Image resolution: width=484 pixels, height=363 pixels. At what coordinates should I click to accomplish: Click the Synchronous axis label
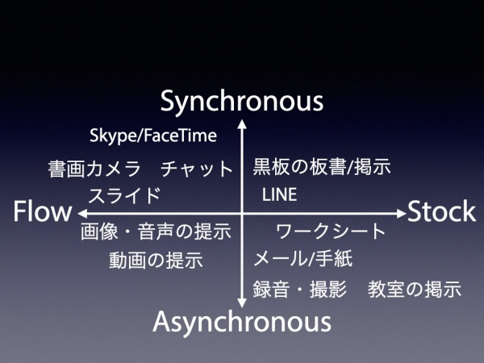tap(242, 102)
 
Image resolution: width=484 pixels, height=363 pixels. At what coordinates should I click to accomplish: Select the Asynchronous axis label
tap(242, 322)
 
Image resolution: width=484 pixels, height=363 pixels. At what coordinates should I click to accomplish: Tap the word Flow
tap(42, 211)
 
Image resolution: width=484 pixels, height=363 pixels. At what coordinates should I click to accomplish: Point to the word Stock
tap(441, 211)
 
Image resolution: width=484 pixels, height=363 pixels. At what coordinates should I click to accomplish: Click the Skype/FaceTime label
tap(153, 136)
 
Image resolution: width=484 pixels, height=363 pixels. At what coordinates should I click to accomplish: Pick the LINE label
tap(279, 194)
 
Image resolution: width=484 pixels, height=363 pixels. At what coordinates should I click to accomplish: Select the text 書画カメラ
tap(94, 169)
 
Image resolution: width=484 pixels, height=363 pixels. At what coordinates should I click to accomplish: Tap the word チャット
tap(197, 169)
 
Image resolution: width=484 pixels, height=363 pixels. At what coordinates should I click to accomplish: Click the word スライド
tap(124, 195)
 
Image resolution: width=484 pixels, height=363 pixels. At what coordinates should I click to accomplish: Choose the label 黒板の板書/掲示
tap(322, 167)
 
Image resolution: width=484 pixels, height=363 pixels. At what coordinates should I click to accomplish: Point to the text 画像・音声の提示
tap(156, 232)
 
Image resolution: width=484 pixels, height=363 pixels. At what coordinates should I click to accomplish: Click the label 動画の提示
tap(156, 260)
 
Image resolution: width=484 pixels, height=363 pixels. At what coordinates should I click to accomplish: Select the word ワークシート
tap(331, 232)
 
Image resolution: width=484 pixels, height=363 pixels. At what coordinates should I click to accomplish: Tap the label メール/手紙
tap(303, 258)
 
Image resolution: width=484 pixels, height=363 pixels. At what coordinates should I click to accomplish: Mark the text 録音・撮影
tap(299, 289)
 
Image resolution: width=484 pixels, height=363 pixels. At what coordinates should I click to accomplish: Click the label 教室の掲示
tap(415, 289)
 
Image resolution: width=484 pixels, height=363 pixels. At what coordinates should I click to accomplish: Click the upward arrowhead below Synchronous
tap(242, 123)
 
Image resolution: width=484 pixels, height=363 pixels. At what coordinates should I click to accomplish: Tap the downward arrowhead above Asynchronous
tap(242, 303)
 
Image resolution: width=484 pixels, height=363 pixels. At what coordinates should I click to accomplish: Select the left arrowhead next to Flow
tap(82, 213)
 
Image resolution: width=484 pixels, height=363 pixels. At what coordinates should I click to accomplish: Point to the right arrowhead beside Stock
tap(401, 213)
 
